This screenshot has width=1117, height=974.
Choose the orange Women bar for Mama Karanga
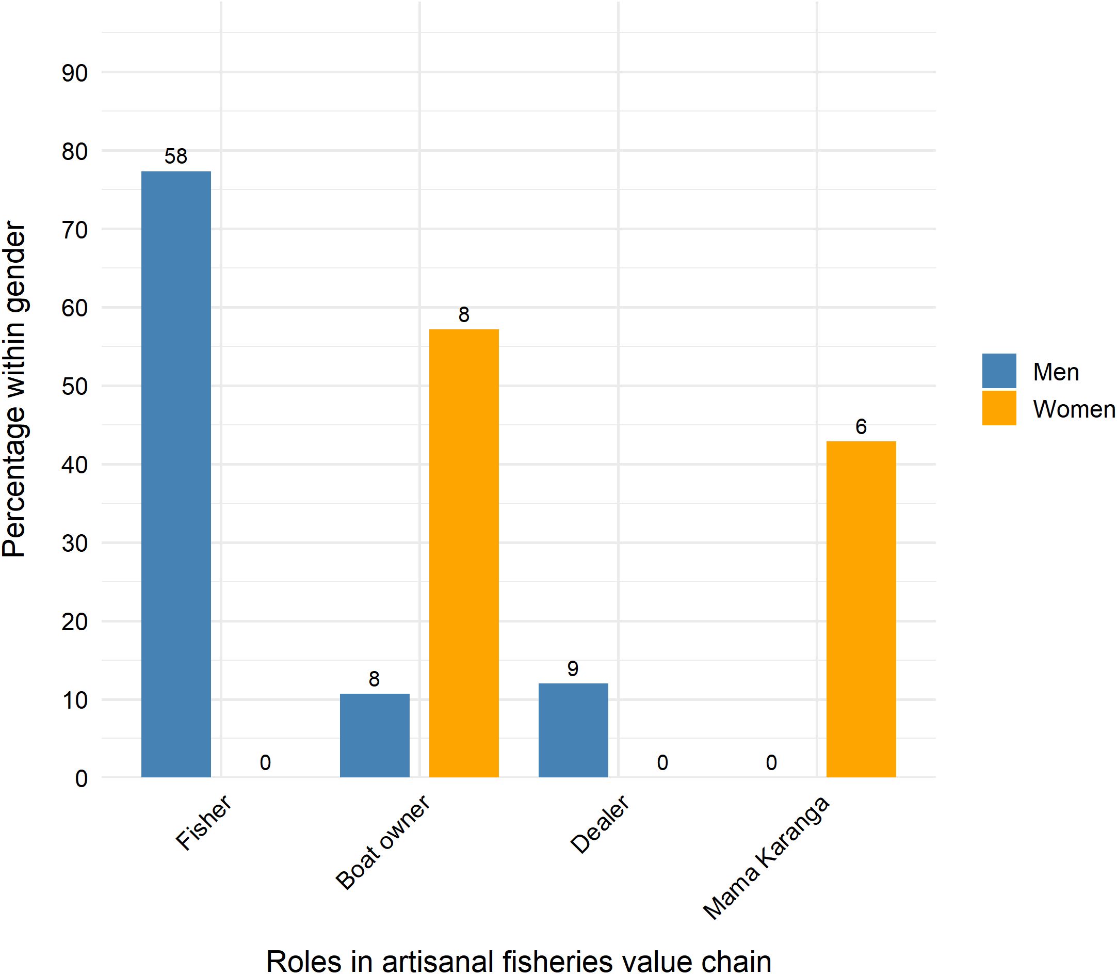pyautogui.click(x=861, y=609)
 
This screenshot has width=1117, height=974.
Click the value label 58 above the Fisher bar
pyautogui.click(x=176, y=156)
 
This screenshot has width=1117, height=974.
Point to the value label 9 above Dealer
pyautogui.click(x=573, y=668)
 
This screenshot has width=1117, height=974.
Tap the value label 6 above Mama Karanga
pyautogui.click(x=861, y=427)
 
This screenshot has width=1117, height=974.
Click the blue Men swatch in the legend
pyautogui.click(x=998, y=371)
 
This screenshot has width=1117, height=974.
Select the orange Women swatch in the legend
pyautogui.click(x=998, y=408)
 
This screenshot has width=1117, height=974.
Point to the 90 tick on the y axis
pyautogui.click(x=74, y=73)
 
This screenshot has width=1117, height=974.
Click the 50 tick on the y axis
pyautogui.click(x=74, y=387)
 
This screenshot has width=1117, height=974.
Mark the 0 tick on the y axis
pyautogui.click(x=82, y=779)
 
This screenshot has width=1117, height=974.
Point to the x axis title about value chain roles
pyautogui.click(x=519, y=961)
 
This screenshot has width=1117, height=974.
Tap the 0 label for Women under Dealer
pyautogui.click(x=662, y=762)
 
